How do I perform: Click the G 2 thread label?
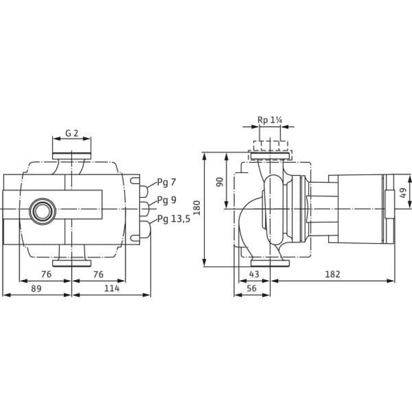point(72,133)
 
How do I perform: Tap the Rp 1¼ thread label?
point(269,121)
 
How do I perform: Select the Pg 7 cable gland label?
point(166,182)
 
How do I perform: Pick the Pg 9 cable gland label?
point(166,200)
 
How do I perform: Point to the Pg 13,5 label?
point(174,218)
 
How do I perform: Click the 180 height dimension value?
point(197,208)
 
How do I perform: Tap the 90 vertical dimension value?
point(220,182)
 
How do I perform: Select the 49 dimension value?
point(403,193)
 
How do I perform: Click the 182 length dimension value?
point(333,274)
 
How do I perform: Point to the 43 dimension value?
point(254,274)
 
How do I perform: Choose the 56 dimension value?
point(251,288)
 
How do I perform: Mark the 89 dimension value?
point(36,288)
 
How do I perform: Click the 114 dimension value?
point(112,288)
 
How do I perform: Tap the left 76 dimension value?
point(46,274)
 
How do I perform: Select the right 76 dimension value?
point(98,274)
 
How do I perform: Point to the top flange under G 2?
point(72,156)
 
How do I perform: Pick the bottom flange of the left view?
point(72,263)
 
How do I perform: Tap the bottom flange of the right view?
point(270,263)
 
